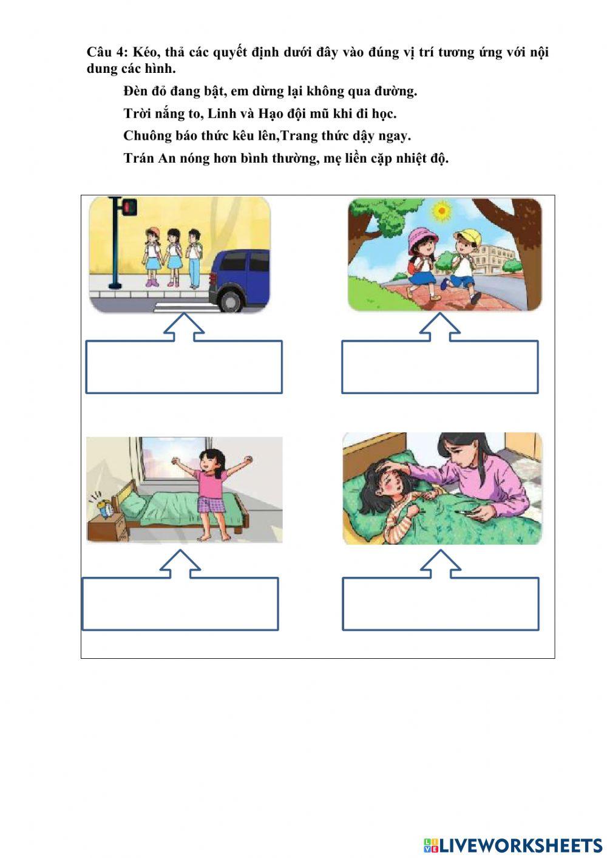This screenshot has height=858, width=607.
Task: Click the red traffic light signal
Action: pos(129,208)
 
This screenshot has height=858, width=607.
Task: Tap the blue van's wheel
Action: pos(232,299)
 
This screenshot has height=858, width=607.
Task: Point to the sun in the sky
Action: pos(441,211)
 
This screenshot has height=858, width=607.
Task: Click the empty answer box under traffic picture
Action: pos(184,367)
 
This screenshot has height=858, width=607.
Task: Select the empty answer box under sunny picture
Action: pos(439,367)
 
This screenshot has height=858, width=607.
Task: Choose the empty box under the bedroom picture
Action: pos(180,604)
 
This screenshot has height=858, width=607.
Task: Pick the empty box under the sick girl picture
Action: pos(440,604)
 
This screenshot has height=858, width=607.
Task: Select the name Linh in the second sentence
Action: pos(222,114)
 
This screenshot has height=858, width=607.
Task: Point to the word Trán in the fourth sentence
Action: pos(138,158)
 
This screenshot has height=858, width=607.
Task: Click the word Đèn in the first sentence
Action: pos(137,92)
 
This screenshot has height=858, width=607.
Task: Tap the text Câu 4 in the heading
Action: pos(107,52)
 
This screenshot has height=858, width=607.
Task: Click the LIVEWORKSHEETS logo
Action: pos(513,845)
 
